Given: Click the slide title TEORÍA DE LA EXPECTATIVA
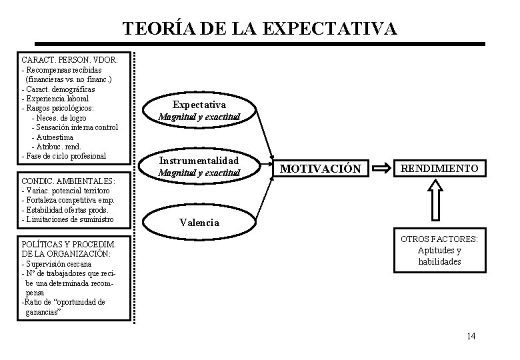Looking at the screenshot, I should [x=260, y=29].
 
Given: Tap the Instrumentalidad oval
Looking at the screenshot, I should [x=199, y=167].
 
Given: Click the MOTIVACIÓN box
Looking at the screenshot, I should [x=321, y=169].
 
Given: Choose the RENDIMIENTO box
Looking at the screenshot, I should [x=440, y=169].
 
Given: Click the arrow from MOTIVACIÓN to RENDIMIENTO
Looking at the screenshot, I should [x=382, y=169].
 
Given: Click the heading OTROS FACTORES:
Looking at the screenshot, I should [x=442, y=239].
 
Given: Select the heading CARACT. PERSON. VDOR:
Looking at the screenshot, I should [x=70, y=60].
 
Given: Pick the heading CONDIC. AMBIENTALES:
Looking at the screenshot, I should [x=68, y=181].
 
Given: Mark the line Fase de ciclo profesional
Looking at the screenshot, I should [x=64, y=156].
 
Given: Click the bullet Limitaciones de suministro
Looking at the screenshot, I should [x=67, y=219].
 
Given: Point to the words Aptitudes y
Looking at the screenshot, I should [x=439, y=251].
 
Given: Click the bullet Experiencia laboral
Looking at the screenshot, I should [x=55, y=99].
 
